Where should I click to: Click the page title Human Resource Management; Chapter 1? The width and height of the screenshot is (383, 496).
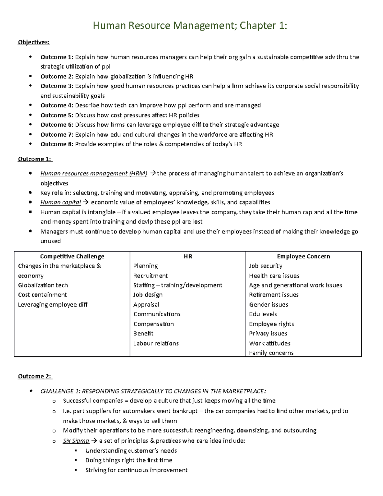click(190, 25)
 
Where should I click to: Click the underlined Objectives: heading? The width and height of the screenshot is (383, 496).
click(34, 42)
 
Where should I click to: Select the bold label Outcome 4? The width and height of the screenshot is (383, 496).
click(57, 105)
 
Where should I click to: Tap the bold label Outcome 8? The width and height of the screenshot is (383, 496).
click(57, 144)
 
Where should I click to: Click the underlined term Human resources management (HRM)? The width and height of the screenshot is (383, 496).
click(94, 173)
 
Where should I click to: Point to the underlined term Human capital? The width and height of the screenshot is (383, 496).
click(61, 202)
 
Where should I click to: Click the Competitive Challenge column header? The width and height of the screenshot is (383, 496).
click(72, 256)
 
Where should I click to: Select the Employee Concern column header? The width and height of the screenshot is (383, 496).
click(304, 256)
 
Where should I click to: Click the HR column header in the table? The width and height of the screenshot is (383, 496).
click(188, 256)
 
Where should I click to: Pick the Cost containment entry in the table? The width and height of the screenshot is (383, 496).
click(42, 295)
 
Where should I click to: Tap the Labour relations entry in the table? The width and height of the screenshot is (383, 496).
click(156, 343)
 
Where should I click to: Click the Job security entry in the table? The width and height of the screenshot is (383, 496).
click(266, 266)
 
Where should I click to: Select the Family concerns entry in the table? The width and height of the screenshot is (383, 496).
click(271, 353)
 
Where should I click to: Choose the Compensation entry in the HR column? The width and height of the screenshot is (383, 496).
click(154, 324)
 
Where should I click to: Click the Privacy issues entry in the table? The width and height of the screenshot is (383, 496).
click(268, 333)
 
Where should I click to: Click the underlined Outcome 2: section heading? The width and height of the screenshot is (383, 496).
click(35, 376)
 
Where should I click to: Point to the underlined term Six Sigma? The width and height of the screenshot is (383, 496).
click(76, 441)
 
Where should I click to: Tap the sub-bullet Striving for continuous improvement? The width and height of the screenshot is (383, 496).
click(136, 470)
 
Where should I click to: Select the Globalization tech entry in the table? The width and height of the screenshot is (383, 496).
click(43, 285)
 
